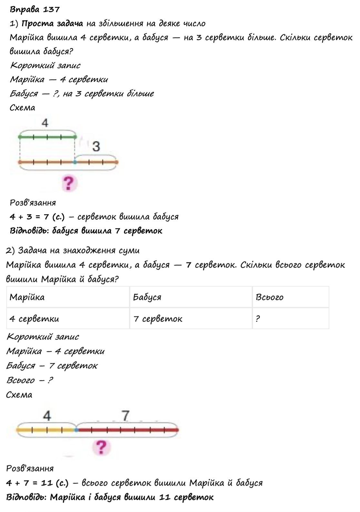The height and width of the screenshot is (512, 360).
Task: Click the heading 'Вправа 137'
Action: pos(35,9)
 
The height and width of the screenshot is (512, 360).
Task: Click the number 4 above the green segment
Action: pos(45,123)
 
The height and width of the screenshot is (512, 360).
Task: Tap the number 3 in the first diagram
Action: pos(96,147)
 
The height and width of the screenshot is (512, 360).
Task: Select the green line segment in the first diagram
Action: pos(47,137)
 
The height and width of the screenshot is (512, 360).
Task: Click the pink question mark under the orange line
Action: pos(68,183)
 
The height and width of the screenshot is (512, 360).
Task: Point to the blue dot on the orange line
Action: pos(75,162)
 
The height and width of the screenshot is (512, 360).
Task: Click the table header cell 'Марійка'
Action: pos(27,297)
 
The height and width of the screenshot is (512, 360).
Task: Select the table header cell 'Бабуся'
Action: pos(147,297)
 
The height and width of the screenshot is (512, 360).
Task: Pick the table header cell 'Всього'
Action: pos(269,297)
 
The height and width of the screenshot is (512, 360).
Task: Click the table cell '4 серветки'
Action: pos(34,319)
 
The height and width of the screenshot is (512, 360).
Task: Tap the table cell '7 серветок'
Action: pos(158,319)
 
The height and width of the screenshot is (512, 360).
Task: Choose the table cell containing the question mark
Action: pos(258,319)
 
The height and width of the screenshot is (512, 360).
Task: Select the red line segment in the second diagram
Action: pos(127,430)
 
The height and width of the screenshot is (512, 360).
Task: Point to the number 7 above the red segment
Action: pos(125,416)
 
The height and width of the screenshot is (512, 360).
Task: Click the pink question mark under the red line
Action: pos(102,448)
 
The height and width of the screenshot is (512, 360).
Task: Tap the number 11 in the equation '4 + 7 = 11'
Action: pos(47,483)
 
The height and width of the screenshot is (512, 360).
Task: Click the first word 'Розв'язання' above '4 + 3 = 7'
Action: pos(33,203)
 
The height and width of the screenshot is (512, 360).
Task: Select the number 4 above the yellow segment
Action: pos(47,416)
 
